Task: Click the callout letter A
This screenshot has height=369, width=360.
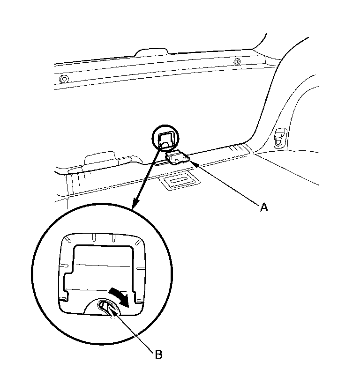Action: [x=264, y=207]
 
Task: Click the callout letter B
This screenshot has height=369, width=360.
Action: [x=158, y=354]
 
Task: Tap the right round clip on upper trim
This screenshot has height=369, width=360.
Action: [x=236, y=61]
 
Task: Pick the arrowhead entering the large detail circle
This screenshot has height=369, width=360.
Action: [x=135, y=204]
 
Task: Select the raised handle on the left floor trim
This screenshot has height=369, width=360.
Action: [x=99, y=158]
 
